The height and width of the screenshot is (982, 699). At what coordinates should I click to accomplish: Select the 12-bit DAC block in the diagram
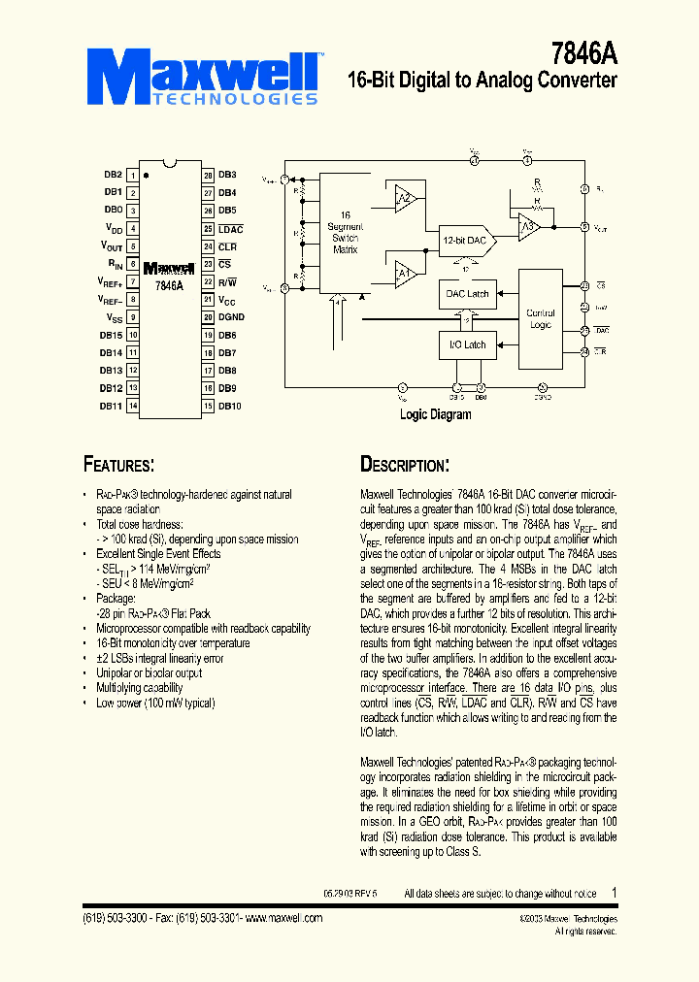[464, 240]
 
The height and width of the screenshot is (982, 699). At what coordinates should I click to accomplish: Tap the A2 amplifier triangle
[405, 199]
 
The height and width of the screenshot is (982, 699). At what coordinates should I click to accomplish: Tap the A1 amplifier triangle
[405, 275]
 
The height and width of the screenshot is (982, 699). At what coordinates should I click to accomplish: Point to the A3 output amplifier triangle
[527, 228]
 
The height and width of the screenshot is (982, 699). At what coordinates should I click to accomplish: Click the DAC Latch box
[467, 293]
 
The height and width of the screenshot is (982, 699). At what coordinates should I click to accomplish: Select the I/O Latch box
[467, 344]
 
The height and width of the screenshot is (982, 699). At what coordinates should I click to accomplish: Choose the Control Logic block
[541, 318]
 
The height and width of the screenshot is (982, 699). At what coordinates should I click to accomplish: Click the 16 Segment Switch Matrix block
[344, 232]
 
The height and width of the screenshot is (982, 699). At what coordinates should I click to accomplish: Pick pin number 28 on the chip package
[208, 175]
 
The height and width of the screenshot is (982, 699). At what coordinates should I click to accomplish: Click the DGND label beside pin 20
[231, 317]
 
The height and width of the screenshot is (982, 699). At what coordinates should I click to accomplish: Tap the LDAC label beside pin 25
[230, 228]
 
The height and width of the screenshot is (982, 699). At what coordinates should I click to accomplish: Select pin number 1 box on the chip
[133, 175]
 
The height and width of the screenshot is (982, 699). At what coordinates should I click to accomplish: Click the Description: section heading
[404, 464]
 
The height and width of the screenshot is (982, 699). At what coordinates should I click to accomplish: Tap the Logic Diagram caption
[436, 414]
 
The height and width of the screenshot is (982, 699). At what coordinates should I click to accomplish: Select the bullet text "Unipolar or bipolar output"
[149, 672]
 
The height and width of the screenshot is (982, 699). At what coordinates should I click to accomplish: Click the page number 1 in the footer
[614, 892]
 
